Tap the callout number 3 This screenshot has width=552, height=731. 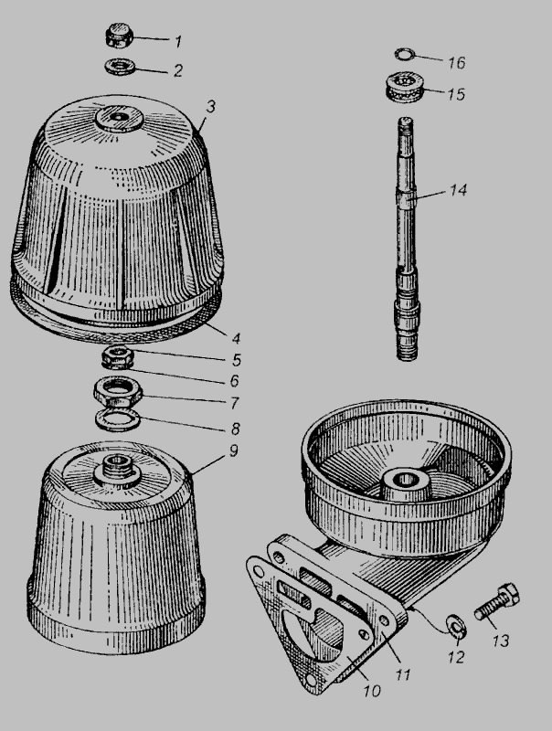click(x=211, y=107)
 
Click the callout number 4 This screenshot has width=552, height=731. click(x=236, y=338)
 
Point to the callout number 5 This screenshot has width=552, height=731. click(x=237, y=359)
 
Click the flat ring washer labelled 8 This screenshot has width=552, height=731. click(x=118, y=420)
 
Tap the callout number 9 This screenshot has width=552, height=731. click(x=234, y=450)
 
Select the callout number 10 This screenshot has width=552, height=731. click(x=372, y=691)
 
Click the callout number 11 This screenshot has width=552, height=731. click(x=402, y=674)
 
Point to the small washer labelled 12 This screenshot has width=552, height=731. click(x=456, y=627)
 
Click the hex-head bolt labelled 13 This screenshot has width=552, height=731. click(x=497, y=601)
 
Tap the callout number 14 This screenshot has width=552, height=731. click(x=458, y=190)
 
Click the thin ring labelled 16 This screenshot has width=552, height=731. click(x=404, y=54)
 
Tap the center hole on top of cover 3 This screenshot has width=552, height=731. click(x=119, y=116)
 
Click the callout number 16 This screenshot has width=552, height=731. click(x=456, y=62)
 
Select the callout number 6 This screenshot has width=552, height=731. click(x=235, y=381)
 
